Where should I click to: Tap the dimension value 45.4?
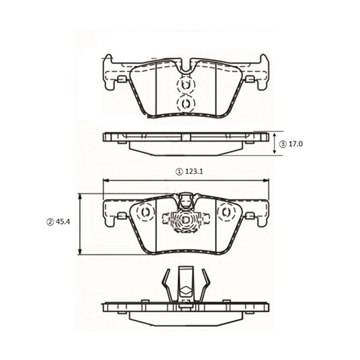pyautogui.click(x=63, y=222)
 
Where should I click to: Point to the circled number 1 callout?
pyautogui.click(x=178, y=172)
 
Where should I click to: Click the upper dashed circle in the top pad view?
pyautogui.click(x=185, y=85)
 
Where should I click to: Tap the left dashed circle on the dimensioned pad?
pyautogui.click(x=144, y=213)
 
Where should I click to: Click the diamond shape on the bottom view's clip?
pyautogui.click(x=185, y=293)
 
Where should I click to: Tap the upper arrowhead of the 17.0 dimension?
pyautogui.click(x=275, y=134)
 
